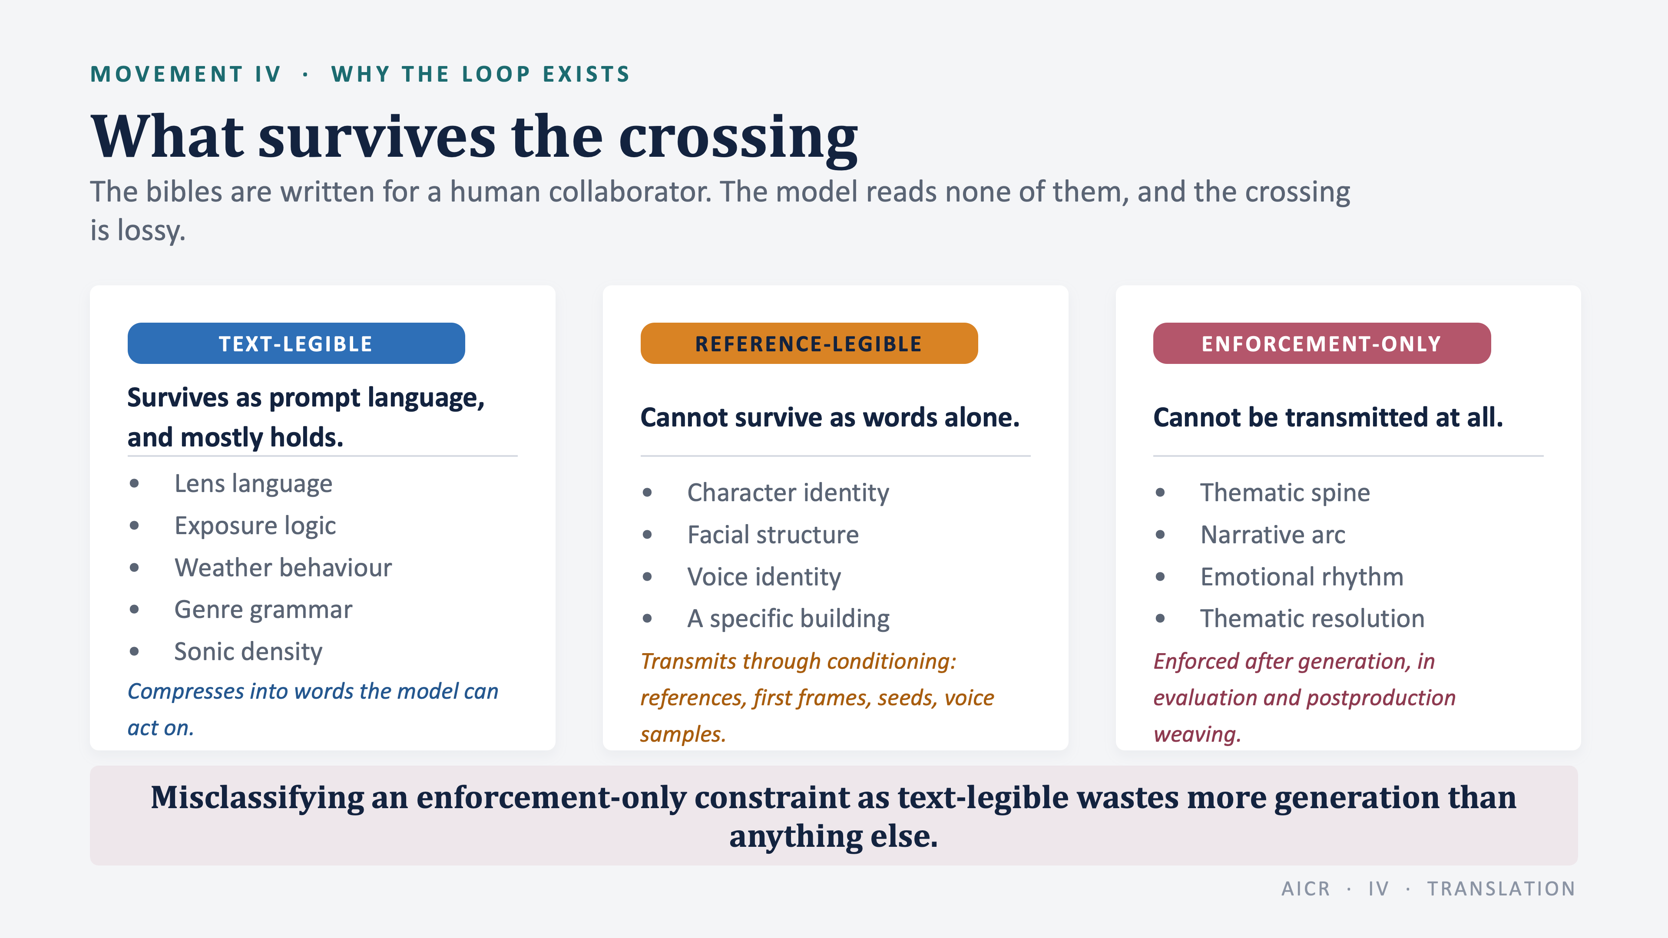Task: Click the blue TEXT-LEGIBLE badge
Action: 296,343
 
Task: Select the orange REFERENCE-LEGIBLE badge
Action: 809,343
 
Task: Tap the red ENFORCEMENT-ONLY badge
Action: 1321,343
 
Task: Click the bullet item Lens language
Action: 253,484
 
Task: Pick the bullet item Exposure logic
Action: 255,525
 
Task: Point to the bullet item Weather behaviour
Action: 283,568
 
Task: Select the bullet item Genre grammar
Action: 263,610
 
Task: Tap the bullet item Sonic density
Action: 248,651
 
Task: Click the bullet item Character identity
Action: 788,492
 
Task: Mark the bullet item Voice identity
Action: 764,577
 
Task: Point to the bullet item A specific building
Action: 788,618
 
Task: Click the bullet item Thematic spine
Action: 1285,492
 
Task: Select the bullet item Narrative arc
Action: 1272,535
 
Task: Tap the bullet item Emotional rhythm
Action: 1301,577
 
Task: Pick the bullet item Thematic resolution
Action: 1312,618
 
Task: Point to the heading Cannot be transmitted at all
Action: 1327,417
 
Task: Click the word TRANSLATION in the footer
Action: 1501,889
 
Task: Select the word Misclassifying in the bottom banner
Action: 258,798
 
